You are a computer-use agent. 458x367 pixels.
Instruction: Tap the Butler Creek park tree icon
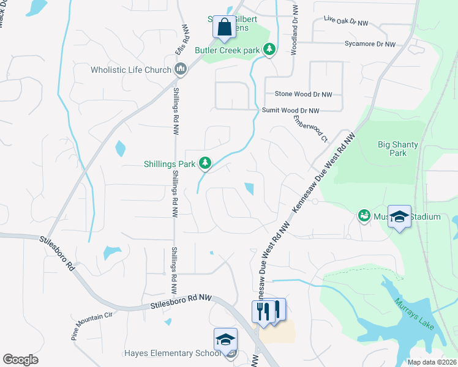click(269, 49)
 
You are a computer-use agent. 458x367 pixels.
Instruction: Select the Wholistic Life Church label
click(130, 70)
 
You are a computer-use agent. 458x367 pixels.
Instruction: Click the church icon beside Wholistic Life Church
click(181, 69)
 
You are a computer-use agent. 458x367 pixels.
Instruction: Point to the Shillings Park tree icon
click(206, 163)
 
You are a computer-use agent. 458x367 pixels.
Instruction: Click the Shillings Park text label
click(169, 163)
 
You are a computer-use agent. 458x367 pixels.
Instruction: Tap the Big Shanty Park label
click(397, 149)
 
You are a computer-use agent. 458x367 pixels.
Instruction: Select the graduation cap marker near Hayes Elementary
click(225, 341)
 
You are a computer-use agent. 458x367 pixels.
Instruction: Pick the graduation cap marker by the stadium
click(399, 217)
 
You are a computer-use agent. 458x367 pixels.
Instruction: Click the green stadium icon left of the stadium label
click(364, 216)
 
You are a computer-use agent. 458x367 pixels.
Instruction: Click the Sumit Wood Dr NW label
click(290, 111)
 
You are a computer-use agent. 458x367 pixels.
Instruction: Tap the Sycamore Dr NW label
click(369, 44)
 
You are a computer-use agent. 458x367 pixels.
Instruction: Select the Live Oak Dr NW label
click(346, 21)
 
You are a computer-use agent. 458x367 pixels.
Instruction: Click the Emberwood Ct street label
click(310, 128)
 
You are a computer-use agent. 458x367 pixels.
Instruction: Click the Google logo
click(20, 360)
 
